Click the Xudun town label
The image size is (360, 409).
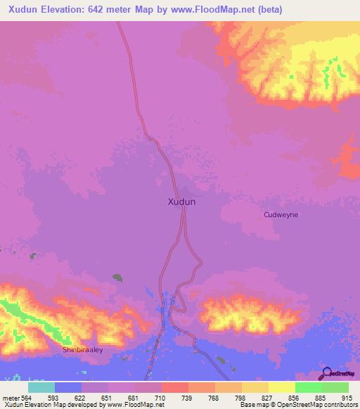(x=181, y=202)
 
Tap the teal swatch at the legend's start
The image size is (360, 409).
(x=41, y=387)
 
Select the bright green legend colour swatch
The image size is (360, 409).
(x=309, y=387)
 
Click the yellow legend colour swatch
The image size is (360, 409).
(x=282, y=387)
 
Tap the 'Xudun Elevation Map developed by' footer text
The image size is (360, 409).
(x=49, y=405)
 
